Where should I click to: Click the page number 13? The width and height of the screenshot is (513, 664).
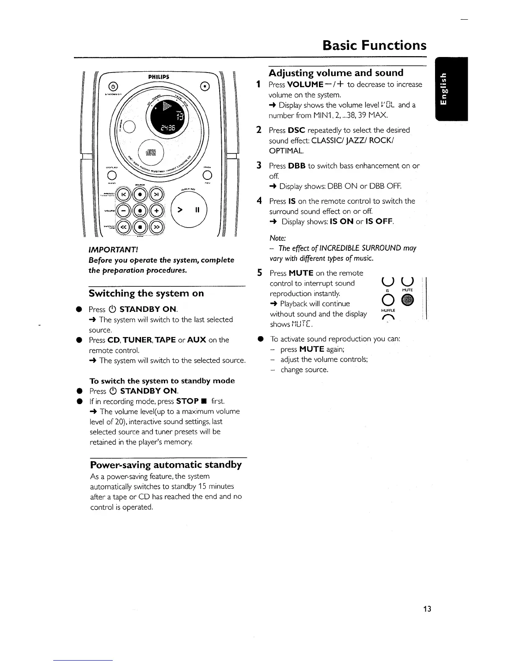click(427, 609)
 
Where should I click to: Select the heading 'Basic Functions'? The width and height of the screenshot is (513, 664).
click(374, 45)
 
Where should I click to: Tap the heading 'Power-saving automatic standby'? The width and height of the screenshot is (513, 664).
click(166, 465)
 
